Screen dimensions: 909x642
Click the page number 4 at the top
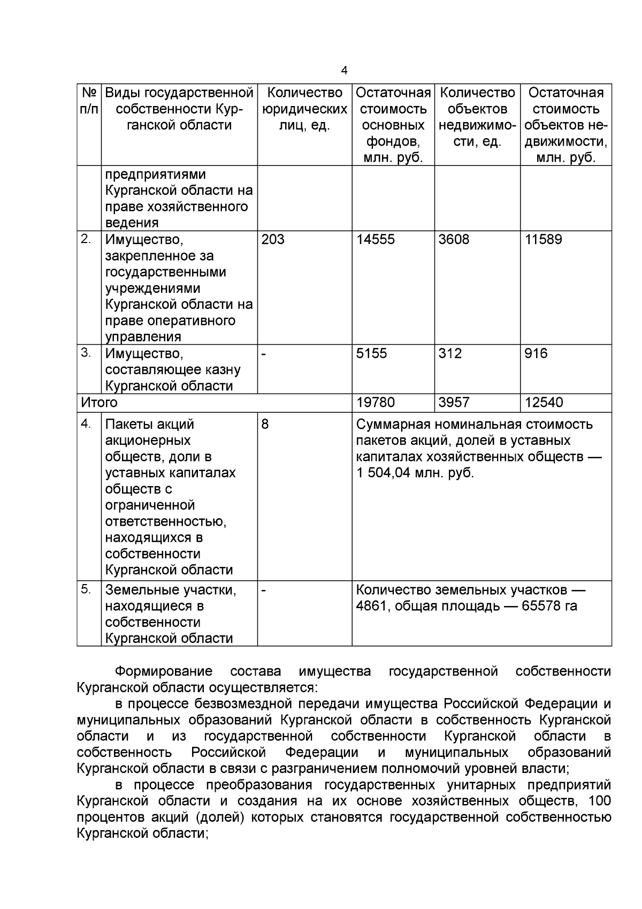[x=344, y=71]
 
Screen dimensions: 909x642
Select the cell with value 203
[x=273, y=239]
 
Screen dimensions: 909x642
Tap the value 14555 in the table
[x=376, y=239]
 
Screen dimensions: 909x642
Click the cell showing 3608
[x=454, y=239]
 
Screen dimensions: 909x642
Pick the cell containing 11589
[x=543, y=239]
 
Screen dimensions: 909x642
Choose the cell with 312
[x=450, y=353]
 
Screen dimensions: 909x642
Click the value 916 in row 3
[x=536, y=353]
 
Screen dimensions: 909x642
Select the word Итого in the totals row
[x=99, y=402]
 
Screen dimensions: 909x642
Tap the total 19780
[x=376, y=402]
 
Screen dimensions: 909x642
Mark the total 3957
[x=454, y=402]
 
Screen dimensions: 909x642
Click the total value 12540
[x=544, y=402]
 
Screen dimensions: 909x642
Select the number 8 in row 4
[x=265, y=424]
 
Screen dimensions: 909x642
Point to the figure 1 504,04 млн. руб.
[x=415, y=473]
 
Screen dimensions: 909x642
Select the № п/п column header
[x=89, y=101]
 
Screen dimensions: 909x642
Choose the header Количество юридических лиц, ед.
[x=304, y=109]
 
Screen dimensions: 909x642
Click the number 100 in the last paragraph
[x=599, y=801]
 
